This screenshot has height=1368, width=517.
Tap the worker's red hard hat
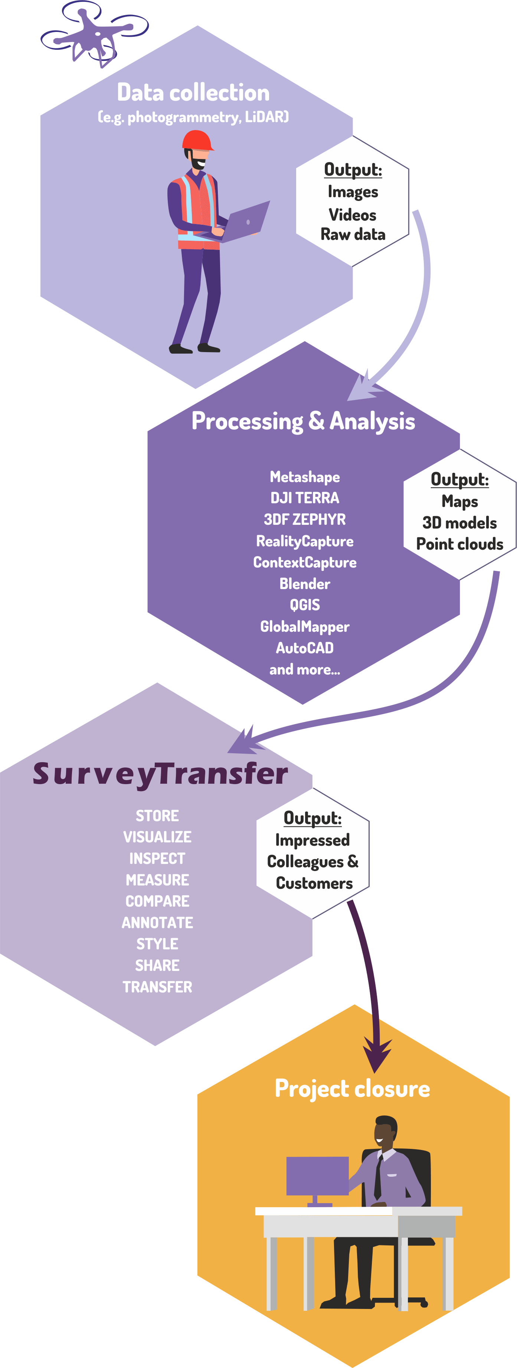point(197,141)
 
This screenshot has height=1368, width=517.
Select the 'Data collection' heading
point(193,92)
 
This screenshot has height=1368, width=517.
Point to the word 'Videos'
point(353,215)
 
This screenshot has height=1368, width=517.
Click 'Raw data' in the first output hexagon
point(353,234)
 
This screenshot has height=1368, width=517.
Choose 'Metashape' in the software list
point(305,477)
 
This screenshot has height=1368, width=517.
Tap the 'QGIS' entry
point(305,605)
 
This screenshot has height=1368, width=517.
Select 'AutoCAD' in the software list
point(305,648)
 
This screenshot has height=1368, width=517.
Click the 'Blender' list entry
point(305,584)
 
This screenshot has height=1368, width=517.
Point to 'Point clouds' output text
point(460,544)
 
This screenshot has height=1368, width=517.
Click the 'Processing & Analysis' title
point(303,421)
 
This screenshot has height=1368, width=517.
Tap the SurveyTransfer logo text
point(160,774)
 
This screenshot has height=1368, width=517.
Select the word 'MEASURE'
point(157,880)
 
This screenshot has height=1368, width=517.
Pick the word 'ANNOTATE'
point(157,922)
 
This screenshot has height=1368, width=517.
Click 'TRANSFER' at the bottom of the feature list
point(157,987)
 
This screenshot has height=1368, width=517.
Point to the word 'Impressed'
point(312,840)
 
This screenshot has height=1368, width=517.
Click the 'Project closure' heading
point(352,1088)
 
